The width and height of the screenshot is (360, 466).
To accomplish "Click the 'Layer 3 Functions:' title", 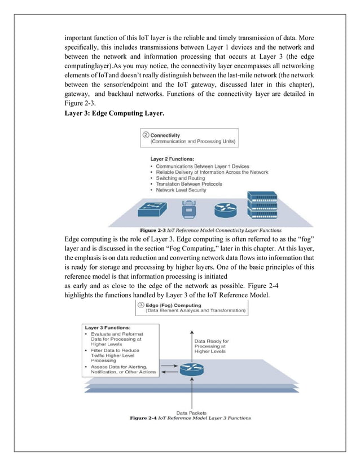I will (x=108, y=327).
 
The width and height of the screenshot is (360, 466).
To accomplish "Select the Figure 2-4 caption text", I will (x=190, y=418).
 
